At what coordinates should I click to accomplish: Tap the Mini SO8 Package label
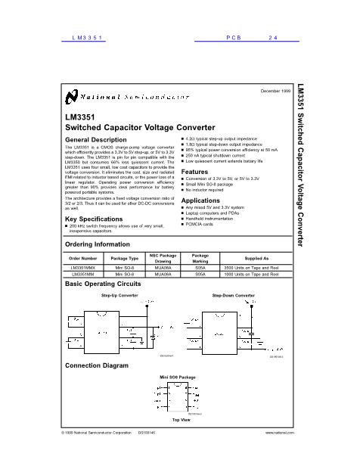click(x=177, y=376)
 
